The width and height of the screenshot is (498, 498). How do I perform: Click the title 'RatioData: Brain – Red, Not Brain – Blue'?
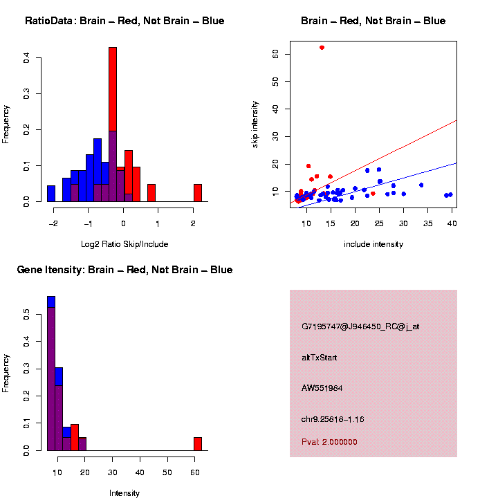tap(124, 21)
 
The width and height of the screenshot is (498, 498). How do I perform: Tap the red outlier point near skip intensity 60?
tap(322, 47)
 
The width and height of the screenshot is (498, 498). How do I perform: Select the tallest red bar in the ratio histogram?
tap(113, 124)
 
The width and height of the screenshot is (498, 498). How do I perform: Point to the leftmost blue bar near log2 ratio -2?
tap(51, 194)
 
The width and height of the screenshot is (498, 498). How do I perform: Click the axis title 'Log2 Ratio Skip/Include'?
tap(124, 243)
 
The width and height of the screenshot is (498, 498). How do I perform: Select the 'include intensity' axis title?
tap(373, 243)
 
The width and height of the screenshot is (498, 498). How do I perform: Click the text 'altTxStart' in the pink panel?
tap(319, 358)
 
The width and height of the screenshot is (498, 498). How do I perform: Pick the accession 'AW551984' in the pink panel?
tap(322, 388)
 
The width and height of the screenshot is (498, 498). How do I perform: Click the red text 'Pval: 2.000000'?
tap(329, 442)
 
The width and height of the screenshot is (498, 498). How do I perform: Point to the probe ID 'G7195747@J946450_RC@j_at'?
tap(360, 326)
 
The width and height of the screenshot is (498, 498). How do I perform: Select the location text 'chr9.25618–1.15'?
tap(333, 419)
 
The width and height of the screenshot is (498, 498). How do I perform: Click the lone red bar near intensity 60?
tap(198, 443)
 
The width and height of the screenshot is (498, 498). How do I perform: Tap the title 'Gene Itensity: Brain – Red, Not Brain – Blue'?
tap(124, 270)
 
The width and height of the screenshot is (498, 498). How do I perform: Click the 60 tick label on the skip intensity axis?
tap(275, 53)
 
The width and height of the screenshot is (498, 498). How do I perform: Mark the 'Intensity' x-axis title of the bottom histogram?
tap(124, 493)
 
